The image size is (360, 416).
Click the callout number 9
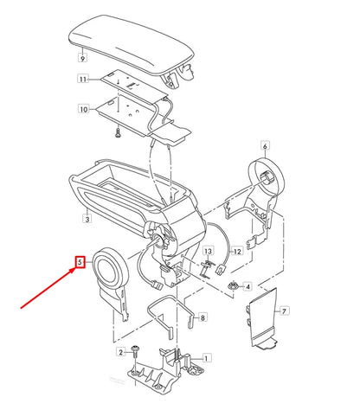tap(81, 59)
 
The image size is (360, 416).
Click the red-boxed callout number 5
tap(80, 261)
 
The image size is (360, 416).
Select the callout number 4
tap(247, 286)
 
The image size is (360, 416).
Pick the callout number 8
tap(202, 318)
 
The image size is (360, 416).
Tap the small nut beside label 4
tap(232, 285)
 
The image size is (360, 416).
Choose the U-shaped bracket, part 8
tap(170, 311)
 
